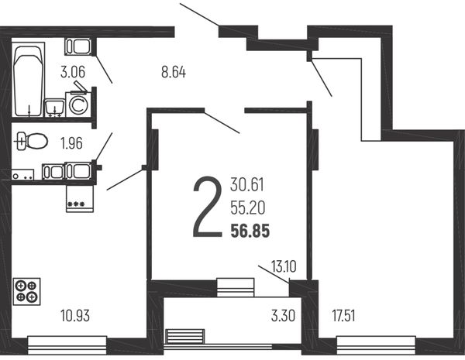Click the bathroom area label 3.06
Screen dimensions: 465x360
point(73,72)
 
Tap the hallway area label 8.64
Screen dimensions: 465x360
point(174,72)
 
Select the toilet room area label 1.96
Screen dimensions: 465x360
point(71,143)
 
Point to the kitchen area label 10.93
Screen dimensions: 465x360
point(75,316)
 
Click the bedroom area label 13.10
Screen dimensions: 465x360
point(284,266)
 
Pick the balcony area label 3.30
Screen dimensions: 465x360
point(283,316)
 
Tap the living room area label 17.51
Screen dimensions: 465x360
point(343,316)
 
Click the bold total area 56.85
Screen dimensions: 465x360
point(250,231)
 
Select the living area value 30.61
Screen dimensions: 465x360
point(247,185)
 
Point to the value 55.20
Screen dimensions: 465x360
point(248,208)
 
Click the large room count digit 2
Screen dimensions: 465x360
point(207,207)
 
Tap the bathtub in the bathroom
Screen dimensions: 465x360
point(28,80)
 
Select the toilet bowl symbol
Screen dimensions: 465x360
point(33,141)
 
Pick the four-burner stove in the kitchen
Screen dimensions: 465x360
point(26,291)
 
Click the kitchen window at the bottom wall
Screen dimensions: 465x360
point(67,345)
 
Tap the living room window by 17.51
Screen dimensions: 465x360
point(376,345)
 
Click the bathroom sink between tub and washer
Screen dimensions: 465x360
point(54,108)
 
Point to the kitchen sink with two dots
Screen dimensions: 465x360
point(22,174)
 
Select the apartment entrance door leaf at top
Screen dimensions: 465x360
point(199,15)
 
